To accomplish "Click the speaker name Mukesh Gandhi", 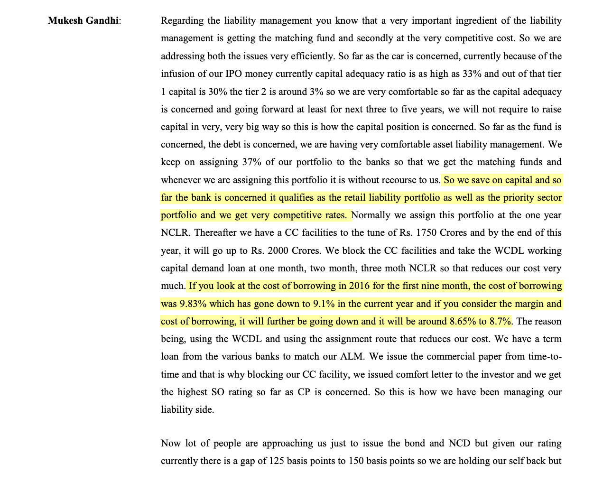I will click(83, 21).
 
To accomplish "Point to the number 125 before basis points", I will click(276, 461).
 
